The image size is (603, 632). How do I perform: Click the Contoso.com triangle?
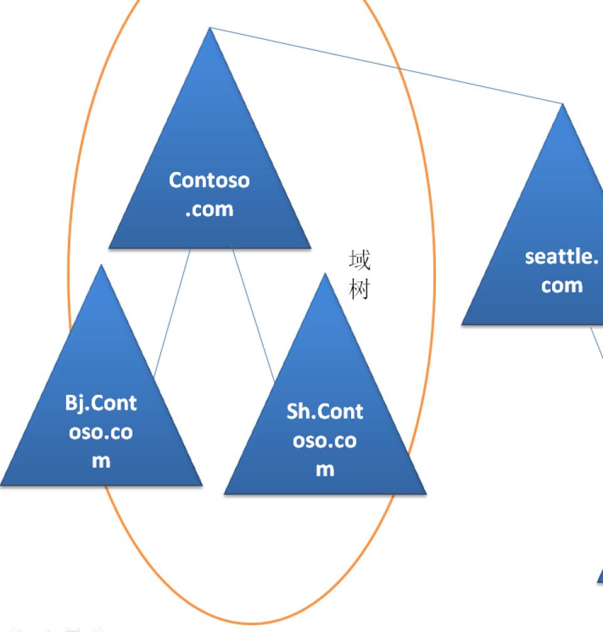coord(210,157)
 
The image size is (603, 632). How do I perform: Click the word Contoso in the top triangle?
coord(209,180)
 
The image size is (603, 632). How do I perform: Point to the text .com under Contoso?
coord(209,209)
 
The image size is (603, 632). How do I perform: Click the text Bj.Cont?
coord(101,402)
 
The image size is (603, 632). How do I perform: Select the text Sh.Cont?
coord(325,411)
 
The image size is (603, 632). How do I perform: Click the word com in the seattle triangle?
coord(562,286)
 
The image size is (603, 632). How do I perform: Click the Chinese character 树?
coord(359,290)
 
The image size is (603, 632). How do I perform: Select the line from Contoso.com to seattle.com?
coord(386,65)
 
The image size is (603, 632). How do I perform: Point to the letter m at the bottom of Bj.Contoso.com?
coord(101,461)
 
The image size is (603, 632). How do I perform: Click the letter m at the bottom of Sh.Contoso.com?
coord(325,470)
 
